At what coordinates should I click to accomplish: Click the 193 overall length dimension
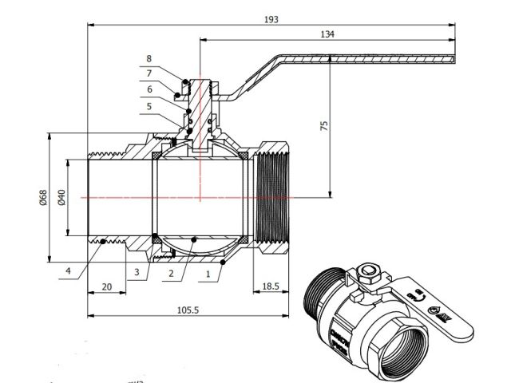pos(271,19)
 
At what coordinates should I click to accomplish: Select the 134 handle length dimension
pos(327,34)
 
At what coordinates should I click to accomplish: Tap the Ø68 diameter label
pos(42,198)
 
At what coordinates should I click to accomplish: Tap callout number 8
pos(149,59)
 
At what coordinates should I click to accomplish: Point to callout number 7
pos(149,73)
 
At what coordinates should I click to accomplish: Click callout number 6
pos(149,89)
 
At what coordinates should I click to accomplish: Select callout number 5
pos(149,105)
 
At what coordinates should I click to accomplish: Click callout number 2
pos(170,273)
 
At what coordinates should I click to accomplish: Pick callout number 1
pos(209,273)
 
